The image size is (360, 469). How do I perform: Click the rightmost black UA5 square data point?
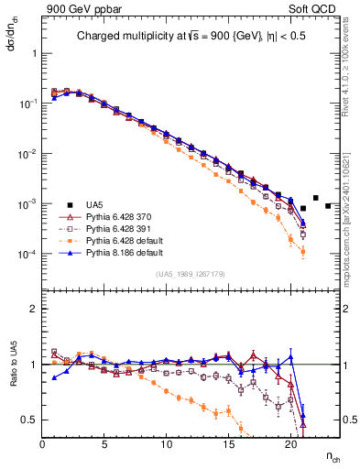tap(328, 205)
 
